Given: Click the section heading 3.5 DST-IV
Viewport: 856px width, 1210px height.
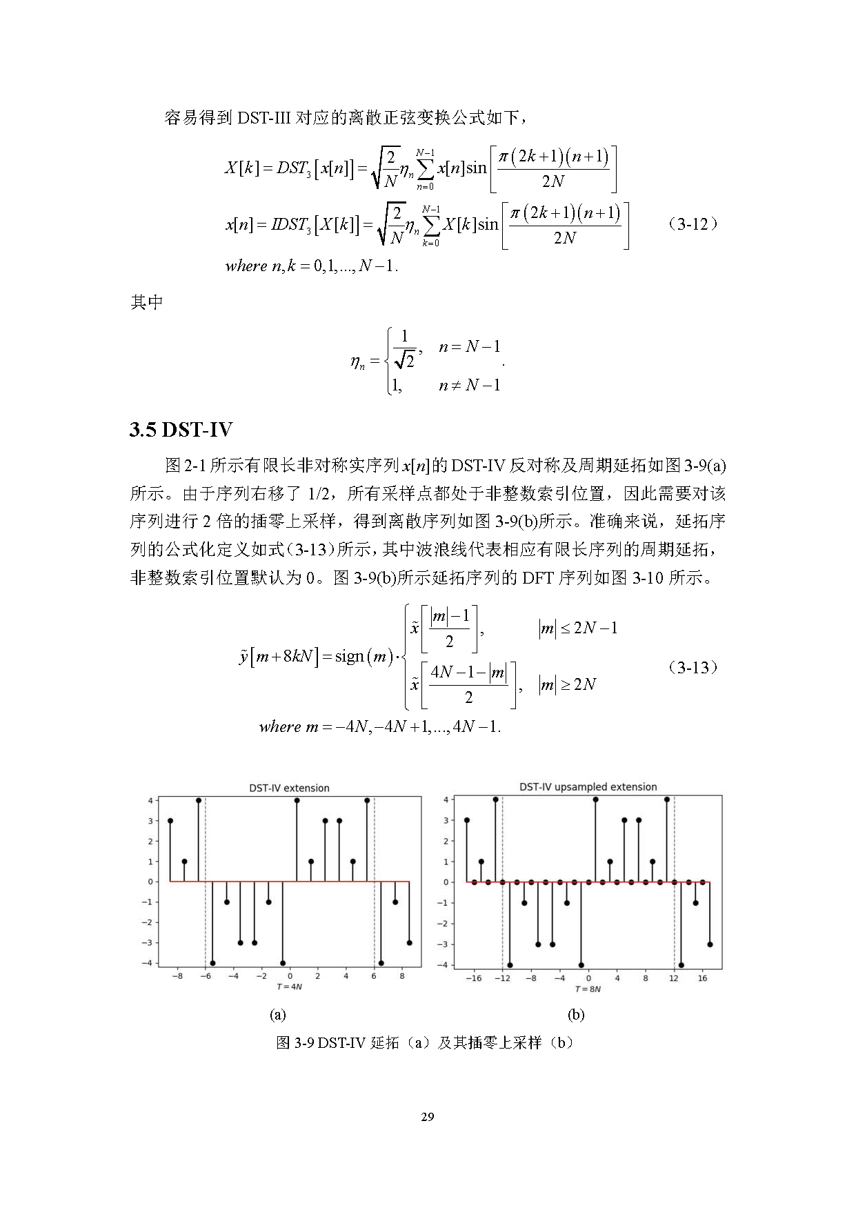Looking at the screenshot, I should point(181,430).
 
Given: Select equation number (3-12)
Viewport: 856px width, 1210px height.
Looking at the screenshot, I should point(693,224).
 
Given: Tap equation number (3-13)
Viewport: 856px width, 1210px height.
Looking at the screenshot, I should point(693,667).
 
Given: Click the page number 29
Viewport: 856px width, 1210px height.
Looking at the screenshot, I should point(428,1117).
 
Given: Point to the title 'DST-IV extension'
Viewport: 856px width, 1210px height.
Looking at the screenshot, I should point(289,788).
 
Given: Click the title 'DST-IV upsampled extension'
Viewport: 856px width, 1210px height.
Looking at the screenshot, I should point(588,786).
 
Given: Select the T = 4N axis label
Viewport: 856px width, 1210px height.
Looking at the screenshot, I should point(289,986).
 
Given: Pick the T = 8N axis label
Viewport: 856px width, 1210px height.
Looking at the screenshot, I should point(588,989).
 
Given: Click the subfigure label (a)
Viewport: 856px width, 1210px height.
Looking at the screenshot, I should point(277,1014).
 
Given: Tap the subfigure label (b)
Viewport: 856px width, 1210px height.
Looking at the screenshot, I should point(575,1014).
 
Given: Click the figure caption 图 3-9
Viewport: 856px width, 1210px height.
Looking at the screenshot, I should point(425,1042).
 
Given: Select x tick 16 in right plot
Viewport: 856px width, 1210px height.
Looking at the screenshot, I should point(702,978).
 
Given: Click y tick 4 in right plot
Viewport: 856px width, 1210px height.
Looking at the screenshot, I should point(446,800).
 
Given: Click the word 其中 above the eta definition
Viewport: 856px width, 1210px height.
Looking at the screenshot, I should point(146,302).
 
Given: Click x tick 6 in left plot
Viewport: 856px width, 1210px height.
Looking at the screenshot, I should point(374,976).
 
